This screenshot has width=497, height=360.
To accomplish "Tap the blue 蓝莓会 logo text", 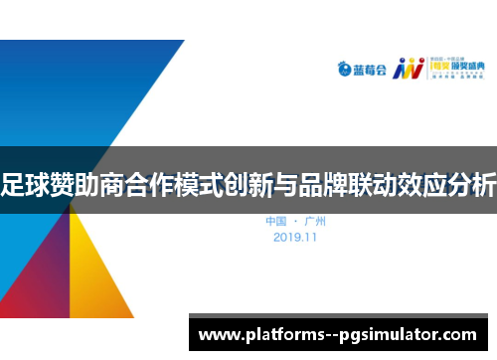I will click(372, 70).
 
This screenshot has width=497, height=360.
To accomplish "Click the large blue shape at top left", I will click(70, 90).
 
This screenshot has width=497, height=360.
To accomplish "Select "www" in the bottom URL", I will click(220, 335).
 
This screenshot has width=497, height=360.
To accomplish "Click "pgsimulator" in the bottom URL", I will click(390, 335).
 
